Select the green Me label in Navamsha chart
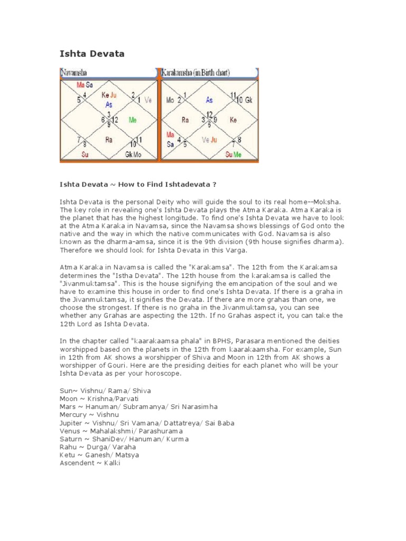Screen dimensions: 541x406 pos(133,120)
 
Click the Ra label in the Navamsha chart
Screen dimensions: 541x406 pos(108,140)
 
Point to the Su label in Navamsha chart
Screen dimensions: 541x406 pos(85,154)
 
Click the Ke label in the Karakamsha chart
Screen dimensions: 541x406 pos(233,120)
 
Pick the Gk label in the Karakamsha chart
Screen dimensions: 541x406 pos(249,100)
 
